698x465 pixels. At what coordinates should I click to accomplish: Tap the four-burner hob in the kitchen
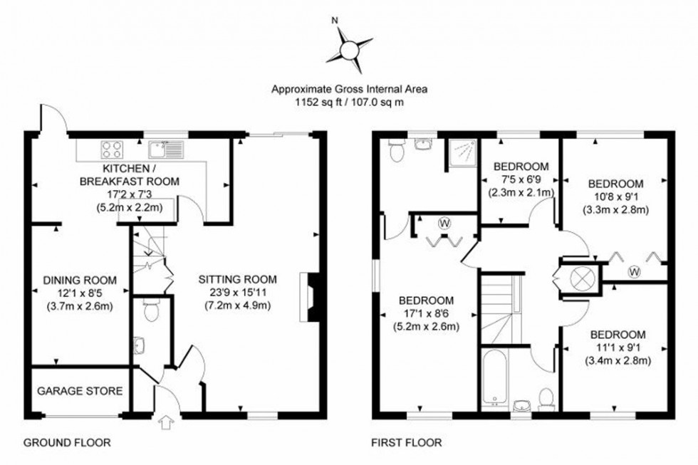[112, 150]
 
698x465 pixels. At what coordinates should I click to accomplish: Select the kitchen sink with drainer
[165, 149]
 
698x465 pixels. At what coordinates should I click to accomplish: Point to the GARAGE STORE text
[80, 391]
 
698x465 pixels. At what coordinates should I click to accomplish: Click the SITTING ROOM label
[237, 279]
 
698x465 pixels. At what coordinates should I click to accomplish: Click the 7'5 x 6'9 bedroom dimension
[521, 179]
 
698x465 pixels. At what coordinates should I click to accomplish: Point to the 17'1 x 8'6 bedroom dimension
[427, 314]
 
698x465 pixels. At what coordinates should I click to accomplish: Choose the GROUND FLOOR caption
[67, 443]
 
